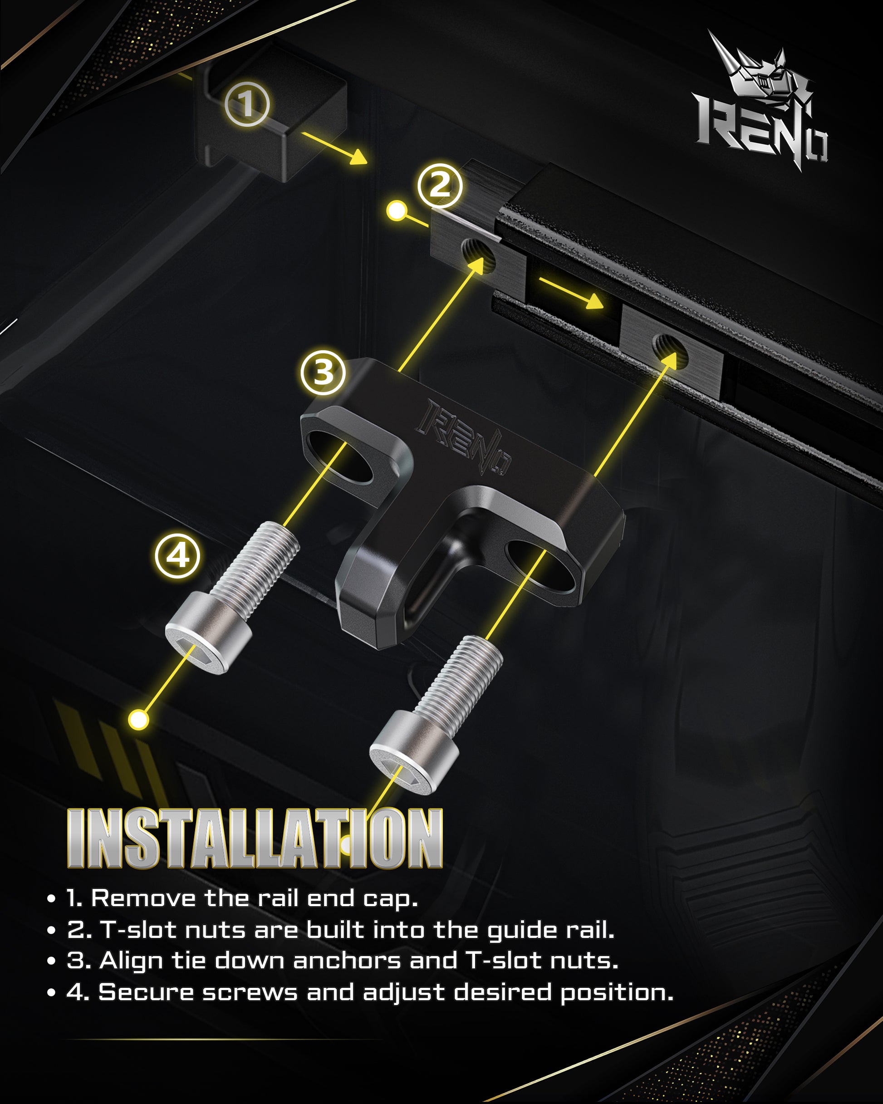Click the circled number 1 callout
point(247,104)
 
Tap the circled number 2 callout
point(439,186)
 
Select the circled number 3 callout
point(323,372)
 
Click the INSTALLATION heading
point(255,838)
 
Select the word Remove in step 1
point(143,898)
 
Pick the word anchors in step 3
point(347,961)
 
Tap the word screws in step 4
point(250,992)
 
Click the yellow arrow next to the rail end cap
point(334,148)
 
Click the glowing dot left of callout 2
point(396,210)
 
